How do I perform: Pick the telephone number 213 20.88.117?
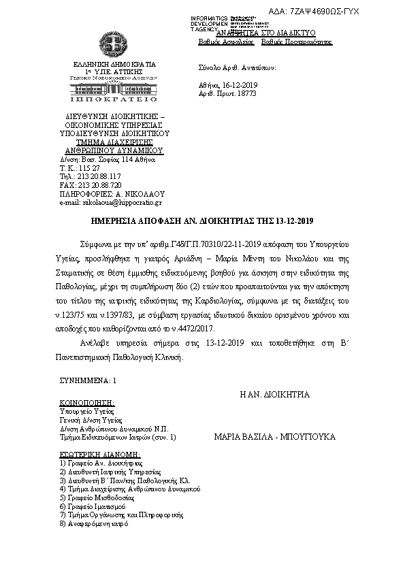98,176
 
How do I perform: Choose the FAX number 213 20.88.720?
99,185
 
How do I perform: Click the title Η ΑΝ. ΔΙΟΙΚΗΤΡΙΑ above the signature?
274,394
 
